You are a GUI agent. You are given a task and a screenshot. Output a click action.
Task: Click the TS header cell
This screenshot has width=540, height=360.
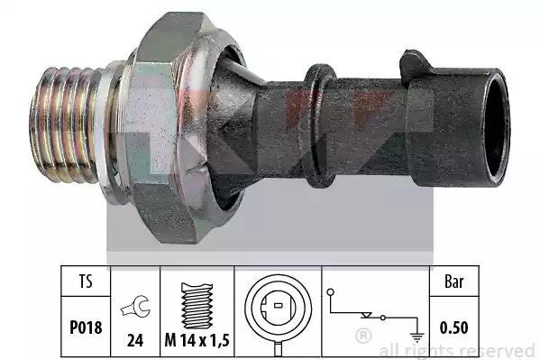[86, 281]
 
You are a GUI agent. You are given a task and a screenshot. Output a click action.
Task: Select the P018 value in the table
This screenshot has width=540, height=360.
[86, 328]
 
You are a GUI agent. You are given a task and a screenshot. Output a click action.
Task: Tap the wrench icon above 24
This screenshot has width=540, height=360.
[135, 306]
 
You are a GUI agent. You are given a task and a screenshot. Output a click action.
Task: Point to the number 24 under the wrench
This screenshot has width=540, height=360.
[135, 340]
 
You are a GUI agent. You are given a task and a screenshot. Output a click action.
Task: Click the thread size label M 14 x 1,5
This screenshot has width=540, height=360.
[197, 340]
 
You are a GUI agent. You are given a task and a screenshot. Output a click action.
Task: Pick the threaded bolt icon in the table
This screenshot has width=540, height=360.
[197, 306]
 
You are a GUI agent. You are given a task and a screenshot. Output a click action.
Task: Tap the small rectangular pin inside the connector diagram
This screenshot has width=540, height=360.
[279, 305]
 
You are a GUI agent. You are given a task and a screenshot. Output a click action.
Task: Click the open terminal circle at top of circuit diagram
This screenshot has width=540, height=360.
[330, 292]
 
